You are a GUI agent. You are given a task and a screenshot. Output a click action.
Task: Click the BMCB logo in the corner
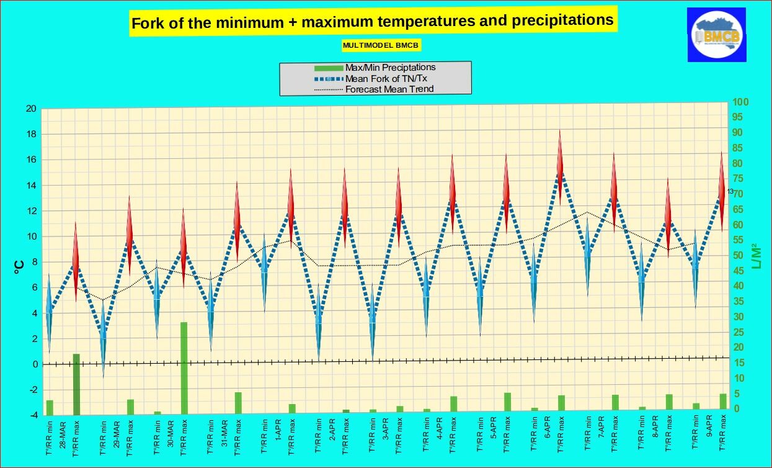(716, 34)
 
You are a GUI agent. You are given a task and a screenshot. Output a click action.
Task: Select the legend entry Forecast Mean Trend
(389, 89)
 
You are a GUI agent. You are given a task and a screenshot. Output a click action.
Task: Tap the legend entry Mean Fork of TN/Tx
(386, 78)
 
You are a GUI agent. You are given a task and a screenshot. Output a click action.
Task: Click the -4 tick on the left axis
(31, 415)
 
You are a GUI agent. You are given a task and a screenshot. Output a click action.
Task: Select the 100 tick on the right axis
(741, 102)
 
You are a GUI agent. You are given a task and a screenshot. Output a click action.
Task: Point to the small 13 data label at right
(730, 191)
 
